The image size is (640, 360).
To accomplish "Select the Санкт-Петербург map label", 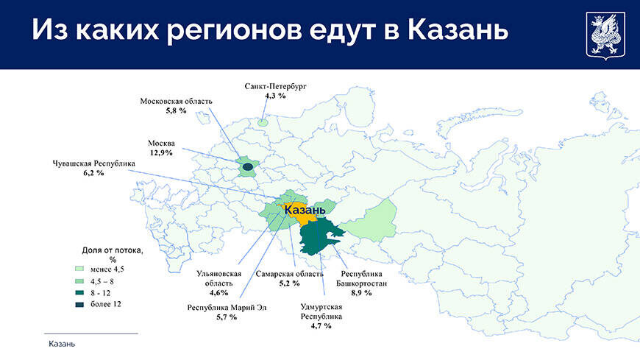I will pyautogui.click(x=275, y=86).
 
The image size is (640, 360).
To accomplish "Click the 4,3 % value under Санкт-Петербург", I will pyautogui.click(x=275, y=96).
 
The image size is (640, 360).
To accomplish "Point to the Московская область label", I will pyautogui.click(x=177, y=101).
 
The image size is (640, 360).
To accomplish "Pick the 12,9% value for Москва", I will pyautogui.click(x=161, y=152).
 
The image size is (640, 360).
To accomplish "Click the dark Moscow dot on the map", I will pyautogui.click(x=247, y=167).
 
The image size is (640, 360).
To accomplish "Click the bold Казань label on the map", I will pyautogui.click(x=305, y=211).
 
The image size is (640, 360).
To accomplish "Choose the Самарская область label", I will pyautogui.click(x=288, y=274).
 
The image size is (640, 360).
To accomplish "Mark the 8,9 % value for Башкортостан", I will pyautogui.click(x=361, y=292).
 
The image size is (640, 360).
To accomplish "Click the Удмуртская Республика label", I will pyautogui.click(x=321, y=311).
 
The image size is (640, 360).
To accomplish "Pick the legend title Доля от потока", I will pyautogui.click(x=113, y=250).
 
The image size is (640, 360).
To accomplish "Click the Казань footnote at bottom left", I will pyautogui.click(x=62, y=344).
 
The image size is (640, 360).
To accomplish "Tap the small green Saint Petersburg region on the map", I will pyautogui.click(x=263, y=120).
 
